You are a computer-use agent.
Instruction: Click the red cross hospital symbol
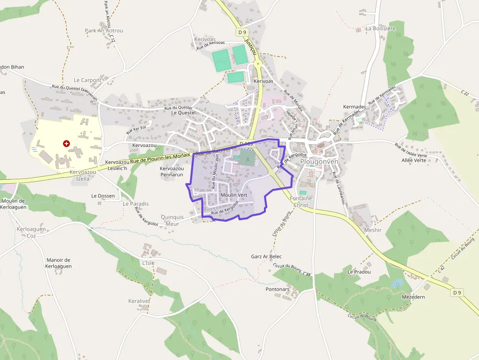[66, 144]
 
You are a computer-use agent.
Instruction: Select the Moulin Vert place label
[234, 195]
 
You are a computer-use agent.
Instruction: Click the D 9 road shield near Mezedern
[457, 293]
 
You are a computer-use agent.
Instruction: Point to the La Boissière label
[380, 28]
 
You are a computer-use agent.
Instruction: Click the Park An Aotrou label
[104, 31]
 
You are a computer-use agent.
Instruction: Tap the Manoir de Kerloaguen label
[59, 263]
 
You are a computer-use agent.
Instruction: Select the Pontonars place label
[278, 289]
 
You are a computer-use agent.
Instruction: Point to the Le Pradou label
[359, 272]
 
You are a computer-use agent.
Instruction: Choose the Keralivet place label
[139, 301]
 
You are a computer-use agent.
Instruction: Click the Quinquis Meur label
[173, 220]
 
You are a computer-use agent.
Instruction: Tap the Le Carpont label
[87, 80]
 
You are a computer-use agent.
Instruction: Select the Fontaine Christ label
[301, 202]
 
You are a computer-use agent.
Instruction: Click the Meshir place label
[372, 230]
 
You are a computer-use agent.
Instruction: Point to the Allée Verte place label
[414, 160]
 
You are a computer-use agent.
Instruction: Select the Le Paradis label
[135, 204]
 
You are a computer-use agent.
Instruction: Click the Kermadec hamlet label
[355, 106]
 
